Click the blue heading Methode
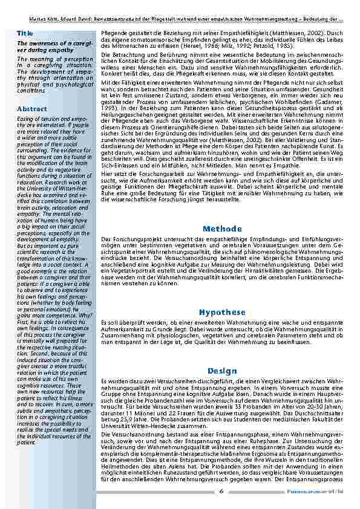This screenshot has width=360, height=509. click(x=222, y=229)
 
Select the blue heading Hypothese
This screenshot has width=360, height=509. click(x=222, y=312)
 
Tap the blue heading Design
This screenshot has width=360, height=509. click(x=222, y=370)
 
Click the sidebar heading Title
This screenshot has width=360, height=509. click(x=25, y=33)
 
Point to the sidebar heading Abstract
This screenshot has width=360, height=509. click(x=33, y=109)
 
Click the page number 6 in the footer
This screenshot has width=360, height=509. click(x=221, y=491)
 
